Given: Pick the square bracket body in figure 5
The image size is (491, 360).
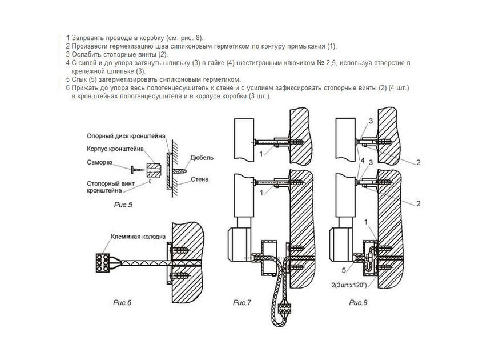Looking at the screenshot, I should click(153, 169).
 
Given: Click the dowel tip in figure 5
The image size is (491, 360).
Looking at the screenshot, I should click(181, 170).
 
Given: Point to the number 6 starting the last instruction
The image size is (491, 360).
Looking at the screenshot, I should click(67, 87).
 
